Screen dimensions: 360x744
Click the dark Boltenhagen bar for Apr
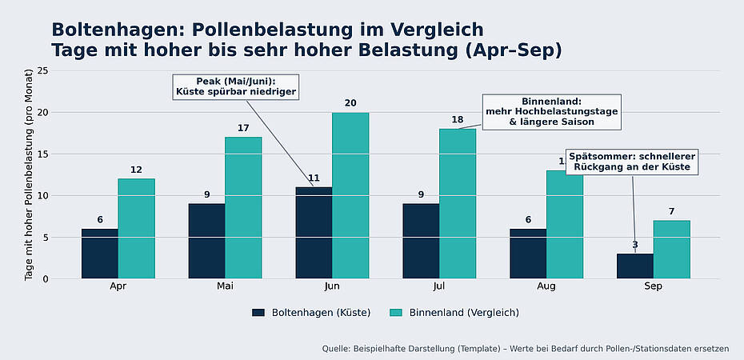coord(99,254)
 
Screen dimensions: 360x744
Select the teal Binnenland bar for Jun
coord(350,196)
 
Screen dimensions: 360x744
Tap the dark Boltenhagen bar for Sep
coord(635,266)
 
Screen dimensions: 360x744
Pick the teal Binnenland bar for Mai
coord(243,208)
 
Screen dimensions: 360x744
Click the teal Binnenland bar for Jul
coord(458,204)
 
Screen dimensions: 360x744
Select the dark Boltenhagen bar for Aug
coord(528,254)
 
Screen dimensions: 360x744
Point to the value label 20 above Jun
coord(350,103)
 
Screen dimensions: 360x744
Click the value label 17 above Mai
coord(243,128)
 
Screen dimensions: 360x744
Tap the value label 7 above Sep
coord(672,211)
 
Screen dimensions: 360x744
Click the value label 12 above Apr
coord(136,170)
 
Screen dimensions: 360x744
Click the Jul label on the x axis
coord(439,286)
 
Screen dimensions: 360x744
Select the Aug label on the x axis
coord(546,286)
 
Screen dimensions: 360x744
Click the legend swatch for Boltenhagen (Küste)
coord(258,313)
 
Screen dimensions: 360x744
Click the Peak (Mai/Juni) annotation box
coord(236,86)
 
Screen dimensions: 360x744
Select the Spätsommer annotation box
coord(633,161)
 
